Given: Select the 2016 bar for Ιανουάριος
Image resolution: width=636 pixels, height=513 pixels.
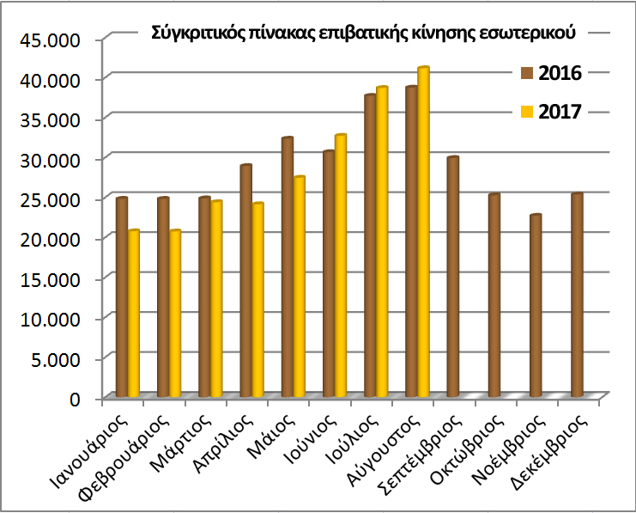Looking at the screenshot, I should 122,297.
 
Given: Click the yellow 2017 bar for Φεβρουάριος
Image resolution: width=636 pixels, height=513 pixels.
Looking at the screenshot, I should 175,314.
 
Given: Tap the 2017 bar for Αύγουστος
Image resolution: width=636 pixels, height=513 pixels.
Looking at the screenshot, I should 422,232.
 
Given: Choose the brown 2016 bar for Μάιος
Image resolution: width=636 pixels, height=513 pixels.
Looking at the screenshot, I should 287,267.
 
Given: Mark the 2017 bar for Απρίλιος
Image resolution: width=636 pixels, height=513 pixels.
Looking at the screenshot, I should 257,300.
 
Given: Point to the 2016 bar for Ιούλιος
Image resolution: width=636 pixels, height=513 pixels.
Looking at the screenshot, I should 370,246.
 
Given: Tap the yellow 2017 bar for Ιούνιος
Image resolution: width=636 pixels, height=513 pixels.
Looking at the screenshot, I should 340,266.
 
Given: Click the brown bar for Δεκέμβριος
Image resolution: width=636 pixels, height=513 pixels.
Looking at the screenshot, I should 576,295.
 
